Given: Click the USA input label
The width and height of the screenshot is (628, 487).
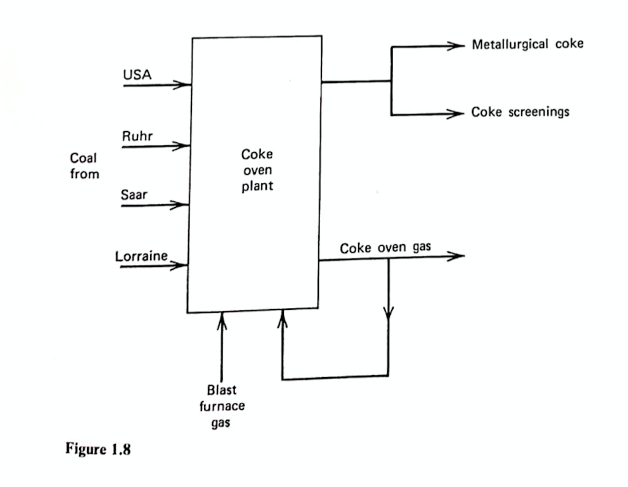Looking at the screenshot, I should tap(137, 74).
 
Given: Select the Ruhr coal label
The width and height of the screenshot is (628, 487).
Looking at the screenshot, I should tap(138, 136).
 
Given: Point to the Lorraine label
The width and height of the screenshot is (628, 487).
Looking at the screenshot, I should tap(142, 256).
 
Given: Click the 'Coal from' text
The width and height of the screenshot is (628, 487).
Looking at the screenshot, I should tap(84, 166).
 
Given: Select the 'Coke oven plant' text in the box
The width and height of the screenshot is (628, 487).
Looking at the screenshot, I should tap(257, 171).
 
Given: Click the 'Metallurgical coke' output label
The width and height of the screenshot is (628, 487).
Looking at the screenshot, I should tap(527, 44).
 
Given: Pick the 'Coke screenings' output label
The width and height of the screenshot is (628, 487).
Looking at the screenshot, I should tap(520, 112).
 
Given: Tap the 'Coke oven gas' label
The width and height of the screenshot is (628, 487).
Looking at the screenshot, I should tap(386, 248).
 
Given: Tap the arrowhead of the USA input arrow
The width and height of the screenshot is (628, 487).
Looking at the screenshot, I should tap(185, 85).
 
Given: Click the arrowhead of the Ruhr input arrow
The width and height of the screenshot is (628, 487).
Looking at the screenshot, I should tap(182, 147).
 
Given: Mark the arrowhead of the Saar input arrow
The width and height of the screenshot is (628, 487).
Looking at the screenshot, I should tap(182, 205).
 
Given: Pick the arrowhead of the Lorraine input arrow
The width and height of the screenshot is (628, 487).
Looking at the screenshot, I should tap(182, 266).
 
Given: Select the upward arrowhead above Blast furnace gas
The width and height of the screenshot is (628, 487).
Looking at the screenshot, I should tap(222, 318).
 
